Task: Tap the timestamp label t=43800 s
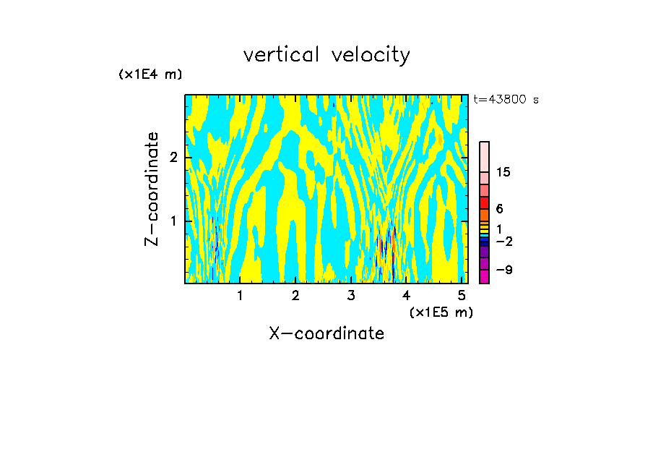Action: [x=506, y=100]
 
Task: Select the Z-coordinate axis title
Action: [x=152, y=189]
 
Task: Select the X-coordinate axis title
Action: [x=326, y=333]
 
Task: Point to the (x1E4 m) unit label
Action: [x=150, y=74]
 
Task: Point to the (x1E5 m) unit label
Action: [x=441, y=312]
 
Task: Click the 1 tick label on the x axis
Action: [x=240, y=296]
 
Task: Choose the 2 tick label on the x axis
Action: [x=295, y=296]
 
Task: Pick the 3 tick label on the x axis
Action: [x=351, y=296]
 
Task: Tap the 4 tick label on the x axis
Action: [x=407, y=296]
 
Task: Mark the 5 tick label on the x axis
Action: [x=462, y=296]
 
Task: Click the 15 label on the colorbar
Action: [x=503, y=172]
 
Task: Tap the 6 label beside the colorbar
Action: [x=499, y=208]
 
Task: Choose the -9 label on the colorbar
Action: [x=503, y=270]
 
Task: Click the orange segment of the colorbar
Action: [x=484, y=215]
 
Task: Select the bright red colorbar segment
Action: [x=484, y=203]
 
